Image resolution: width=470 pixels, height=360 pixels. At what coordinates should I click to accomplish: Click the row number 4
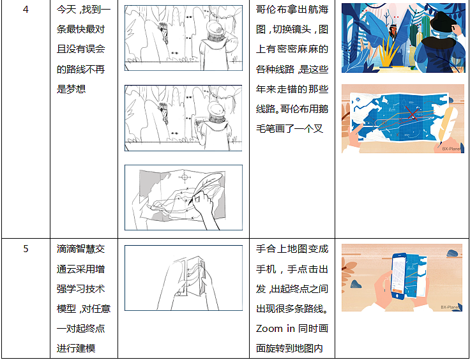coord(26,10)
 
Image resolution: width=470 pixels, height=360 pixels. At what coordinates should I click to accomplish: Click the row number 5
coord(26,248)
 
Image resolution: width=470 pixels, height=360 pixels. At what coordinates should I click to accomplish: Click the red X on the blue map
coord(412,112)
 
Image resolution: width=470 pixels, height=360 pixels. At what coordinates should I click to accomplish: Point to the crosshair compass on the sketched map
coord(185,177)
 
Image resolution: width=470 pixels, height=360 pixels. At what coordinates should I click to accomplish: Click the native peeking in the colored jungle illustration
coord(393,31)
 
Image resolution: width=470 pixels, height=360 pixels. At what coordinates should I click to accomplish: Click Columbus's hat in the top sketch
coord(215,28)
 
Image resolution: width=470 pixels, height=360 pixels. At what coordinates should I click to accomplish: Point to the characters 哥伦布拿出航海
coord(292,10)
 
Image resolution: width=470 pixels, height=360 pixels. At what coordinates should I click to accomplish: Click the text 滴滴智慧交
coord(80,249)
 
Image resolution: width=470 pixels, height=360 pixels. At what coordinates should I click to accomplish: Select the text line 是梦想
coord(72,89)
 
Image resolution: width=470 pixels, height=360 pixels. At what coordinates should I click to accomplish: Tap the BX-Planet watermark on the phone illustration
coord(450,307)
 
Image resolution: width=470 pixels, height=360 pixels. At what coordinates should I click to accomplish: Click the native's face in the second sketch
coord(164,113)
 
